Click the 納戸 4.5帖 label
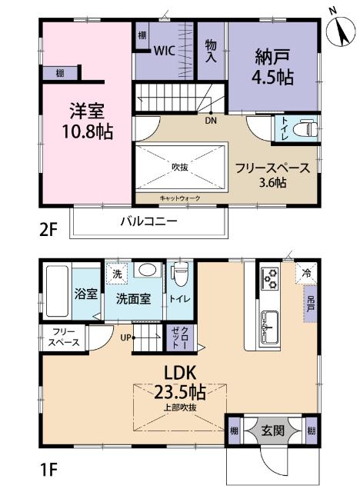[x=273, y=66]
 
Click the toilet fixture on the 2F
[x=305, y=128]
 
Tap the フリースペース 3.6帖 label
[x=272, y=175]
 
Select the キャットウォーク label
[x=180, y=198]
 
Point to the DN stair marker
[x=210, y=120]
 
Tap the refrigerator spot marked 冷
[x=306, y=271]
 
